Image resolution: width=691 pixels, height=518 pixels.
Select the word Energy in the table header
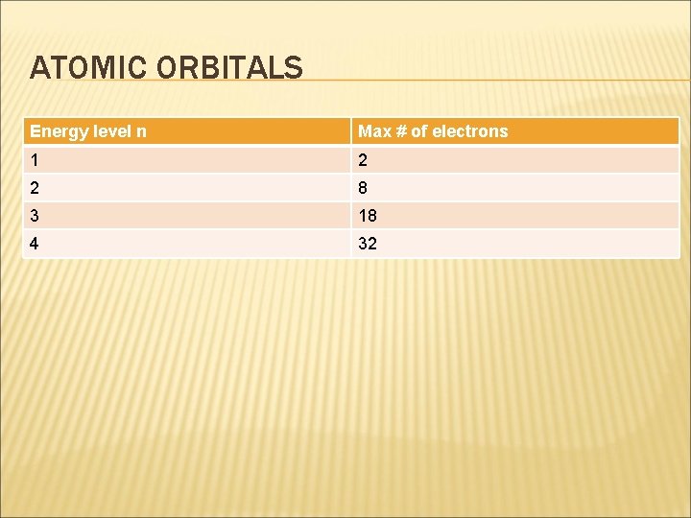coord(56,131)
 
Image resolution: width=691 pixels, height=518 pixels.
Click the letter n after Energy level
coord(141,131)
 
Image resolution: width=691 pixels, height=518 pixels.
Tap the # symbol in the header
coord(399,131)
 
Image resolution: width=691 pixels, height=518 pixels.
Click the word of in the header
coord(419,131)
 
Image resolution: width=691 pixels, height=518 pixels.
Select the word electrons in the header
coord(470,131)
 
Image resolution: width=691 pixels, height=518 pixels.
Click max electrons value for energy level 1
coord(363,159)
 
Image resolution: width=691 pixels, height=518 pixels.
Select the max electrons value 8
coord(363,187)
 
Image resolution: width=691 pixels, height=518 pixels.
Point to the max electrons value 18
coord(368,216)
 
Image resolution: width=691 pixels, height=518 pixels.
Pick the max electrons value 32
coord(368,244)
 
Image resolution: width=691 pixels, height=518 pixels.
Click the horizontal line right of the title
coord(489,80)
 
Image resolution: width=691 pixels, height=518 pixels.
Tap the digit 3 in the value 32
coord(363,244)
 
